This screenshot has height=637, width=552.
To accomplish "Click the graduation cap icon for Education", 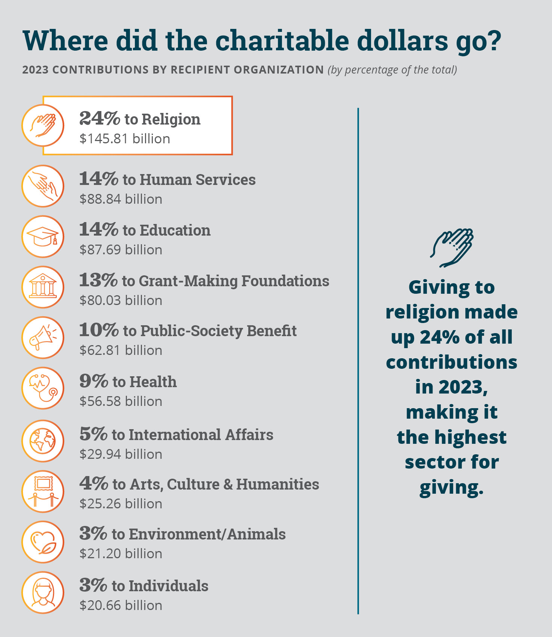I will (x=43, y=237).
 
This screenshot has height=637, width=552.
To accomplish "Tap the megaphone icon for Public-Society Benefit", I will (x=43, y=338).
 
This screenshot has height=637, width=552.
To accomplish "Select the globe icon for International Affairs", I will (x=43, y=441).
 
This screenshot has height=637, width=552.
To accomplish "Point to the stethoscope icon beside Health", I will (x=43, y=388).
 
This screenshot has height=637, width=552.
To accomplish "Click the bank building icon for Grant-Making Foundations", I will (x=43, y=287).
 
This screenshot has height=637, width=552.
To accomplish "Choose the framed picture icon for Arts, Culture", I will (x=43, y=491).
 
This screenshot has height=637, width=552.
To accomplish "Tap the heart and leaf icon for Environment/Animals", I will (x=43, y=542).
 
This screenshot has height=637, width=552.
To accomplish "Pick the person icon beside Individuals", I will (x=43, y=592).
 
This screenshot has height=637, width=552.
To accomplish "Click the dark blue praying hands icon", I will (x=452, y=248).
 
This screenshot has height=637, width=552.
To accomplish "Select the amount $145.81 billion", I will (x=125, y=139).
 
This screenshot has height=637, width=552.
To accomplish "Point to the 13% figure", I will (x=98, y=280).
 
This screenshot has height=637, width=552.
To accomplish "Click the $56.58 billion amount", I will (x=121, y=401).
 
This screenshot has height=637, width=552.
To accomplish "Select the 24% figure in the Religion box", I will (x=100, y=119).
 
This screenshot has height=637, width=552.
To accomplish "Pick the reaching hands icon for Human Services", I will (x=43, y=186).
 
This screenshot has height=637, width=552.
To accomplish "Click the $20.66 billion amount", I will (x=121, y=605).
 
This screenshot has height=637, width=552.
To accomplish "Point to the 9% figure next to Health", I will (x=94, y=381).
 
